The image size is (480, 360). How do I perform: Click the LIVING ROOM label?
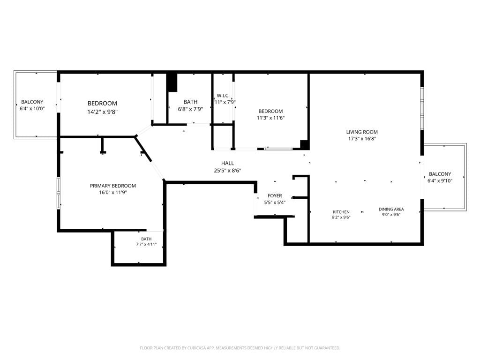(362, 132)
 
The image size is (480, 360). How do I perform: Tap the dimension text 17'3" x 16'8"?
(362, 139)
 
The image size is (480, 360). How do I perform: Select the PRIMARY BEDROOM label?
(113, 186)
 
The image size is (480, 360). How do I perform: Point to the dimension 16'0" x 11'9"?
(113, 192)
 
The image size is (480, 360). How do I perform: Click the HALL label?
(228, 163)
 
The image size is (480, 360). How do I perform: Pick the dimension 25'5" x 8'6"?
(228, 171)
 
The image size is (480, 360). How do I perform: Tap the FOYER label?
(275, 196)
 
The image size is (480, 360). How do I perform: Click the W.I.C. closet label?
(223, 96)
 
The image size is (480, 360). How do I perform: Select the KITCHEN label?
(341, 212)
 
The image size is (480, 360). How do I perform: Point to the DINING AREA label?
(391, 209)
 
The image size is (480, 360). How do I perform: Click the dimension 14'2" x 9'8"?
(102, 112)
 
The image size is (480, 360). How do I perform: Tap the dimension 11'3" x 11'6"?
(271, 118)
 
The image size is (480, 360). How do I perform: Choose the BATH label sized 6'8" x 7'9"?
(190, 102)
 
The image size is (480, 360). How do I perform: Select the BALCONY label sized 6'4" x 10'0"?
(32, 102)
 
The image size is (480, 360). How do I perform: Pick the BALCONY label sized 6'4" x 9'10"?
(440, 174)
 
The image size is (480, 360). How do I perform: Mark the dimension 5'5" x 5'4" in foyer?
(275, 203)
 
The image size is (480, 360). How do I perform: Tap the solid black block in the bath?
(172, 82)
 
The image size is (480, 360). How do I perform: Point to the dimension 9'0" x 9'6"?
(391, 215)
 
